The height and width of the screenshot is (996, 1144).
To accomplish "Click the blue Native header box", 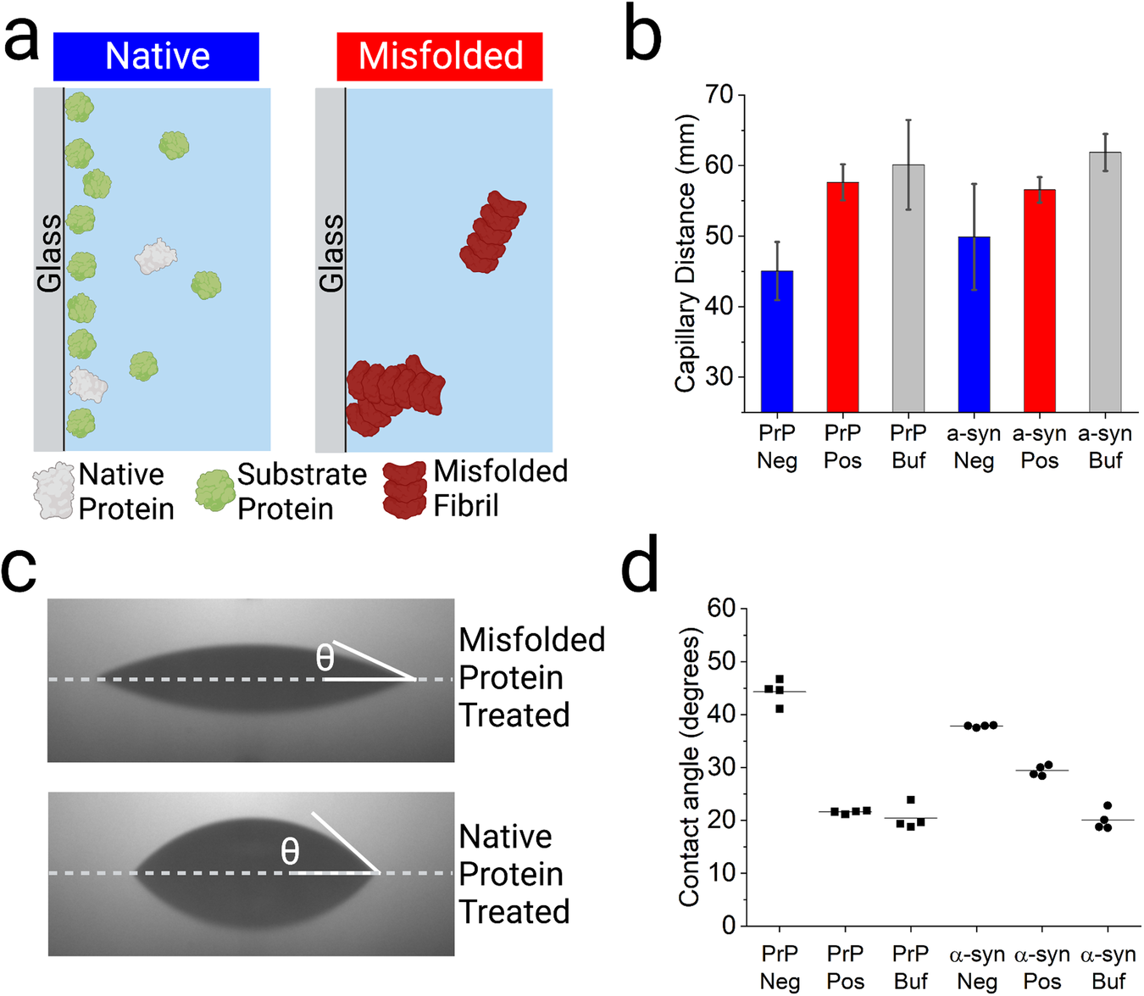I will tap(156, 57).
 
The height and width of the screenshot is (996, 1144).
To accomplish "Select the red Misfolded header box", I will tap(440, 57).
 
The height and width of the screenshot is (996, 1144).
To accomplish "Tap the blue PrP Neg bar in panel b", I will tap(777, 341).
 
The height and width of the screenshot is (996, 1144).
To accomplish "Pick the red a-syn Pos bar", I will tap(1040, 300).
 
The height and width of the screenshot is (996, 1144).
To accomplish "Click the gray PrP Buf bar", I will tap(908, 288).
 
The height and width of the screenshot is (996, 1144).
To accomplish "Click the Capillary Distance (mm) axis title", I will tap(686, 253).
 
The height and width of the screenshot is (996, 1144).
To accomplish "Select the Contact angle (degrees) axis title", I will tap(690, 767).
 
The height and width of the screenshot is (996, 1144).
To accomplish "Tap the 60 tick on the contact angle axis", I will tap(722, 608).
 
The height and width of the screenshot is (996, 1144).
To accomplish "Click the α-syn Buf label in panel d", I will tap(1108, 967).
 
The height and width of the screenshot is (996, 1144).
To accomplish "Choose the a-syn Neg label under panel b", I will tap(974, 447).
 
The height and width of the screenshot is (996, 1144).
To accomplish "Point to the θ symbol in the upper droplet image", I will tap(325, 658).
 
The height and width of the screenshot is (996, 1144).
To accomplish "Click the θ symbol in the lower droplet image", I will tap(290, 851).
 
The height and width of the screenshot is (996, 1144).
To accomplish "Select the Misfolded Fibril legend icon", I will tap(404, 490).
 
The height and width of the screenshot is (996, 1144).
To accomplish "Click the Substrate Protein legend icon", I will tap(214, 490).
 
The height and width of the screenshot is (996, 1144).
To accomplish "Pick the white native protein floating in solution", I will tap(156, 255).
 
